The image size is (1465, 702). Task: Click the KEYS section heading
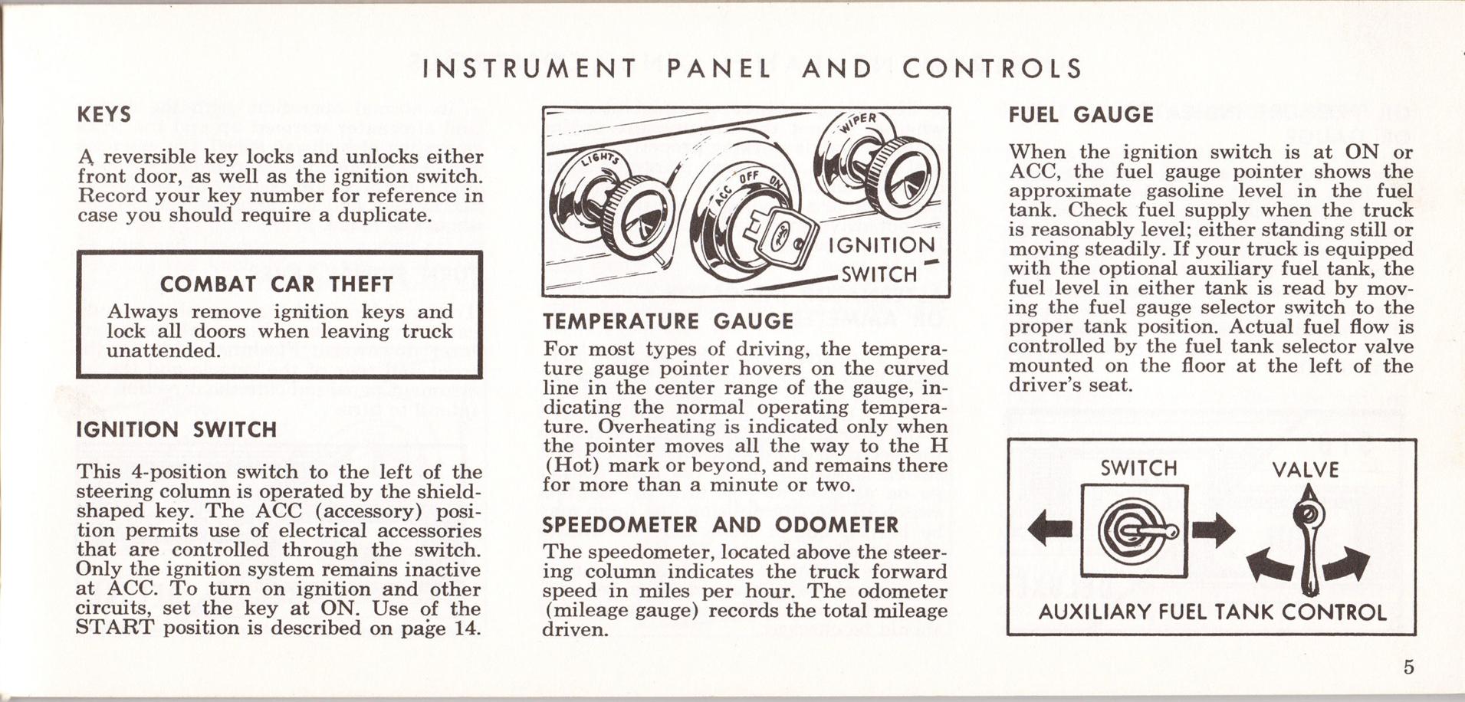(x=104, y=115)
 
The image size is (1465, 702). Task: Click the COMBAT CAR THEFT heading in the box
(x=276, y=284)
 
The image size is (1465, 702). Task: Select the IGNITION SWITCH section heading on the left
(x=176, y=429)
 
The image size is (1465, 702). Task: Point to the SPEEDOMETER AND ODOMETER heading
(x=720, y=525)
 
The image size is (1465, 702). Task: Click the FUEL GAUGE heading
(x=1081, y=115)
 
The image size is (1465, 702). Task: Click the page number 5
(x=1408, y=666)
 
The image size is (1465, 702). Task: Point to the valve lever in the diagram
(x=1309, y=544)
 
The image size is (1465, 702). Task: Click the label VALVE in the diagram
(x=1305, y=470)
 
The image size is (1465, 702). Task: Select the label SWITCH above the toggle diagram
(x=1138, y=468)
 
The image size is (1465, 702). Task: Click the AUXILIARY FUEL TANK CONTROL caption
(x=1212, y=612)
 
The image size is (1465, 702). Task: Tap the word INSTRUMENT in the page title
(x=529, y=69)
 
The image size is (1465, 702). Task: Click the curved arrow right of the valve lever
(x=1347, y=564)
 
